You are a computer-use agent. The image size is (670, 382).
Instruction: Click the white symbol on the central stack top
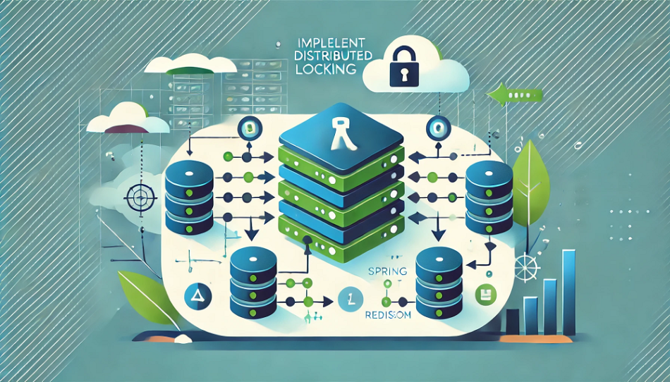341,133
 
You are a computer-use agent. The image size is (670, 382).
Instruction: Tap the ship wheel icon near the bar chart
527,268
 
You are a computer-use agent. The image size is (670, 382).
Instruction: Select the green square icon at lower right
484,292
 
